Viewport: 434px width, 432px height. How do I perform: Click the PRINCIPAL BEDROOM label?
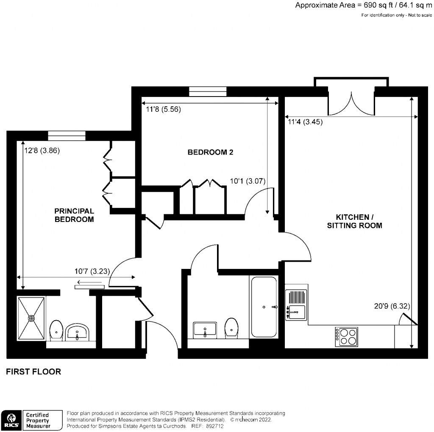[x=74, y=215]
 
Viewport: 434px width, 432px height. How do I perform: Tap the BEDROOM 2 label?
[x=211, y=152]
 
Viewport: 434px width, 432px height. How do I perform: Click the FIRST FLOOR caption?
[x=33, y=372]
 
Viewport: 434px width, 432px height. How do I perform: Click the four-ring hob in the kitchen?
[x=347, y=336]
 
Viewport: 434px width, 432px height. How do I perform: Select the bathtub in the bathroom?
[x=264, y=306]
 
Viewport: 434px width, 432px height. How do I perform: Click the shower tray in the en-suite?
[x=31, y=318]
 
